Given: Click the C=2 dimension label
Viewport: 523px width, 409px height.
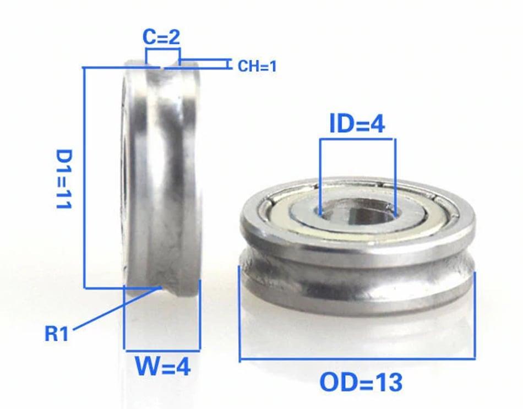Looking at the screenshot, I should [161, 37].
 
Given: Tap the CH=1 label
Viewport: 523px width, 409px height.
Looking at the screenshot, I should [257, 67].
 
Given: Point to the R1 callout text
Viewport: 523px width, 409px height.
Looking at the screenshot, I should [57, 334].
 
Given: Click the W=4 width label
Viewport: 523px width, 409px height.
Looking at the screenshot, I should [163, 366].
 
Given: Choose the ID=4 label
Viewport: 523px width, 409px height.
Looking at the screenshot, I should [357, 124].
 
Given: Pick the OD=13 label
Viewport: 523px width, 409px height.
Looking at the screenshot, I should [361, 382].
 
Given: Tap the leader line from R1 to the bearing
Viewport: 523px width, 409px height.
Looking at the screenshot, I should [116, 309].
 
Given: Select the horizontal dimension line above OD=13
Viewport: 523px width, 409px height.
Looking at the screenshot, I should [357, 359].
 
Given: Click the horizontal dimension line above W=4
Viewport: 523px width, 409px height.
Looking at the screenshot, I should [162, 350].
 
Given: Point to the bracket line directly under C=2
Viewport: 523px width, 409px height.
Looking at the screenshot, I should [163, 50].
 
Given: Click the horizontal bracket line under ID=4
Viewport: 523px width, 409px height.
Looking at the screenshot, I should [357, 139].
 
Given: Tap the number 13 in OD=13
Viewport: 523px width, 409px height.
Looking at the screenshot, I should [385, 382].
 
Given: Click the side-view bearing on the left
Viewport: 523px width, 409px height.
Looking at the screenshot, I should [160, 176].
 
